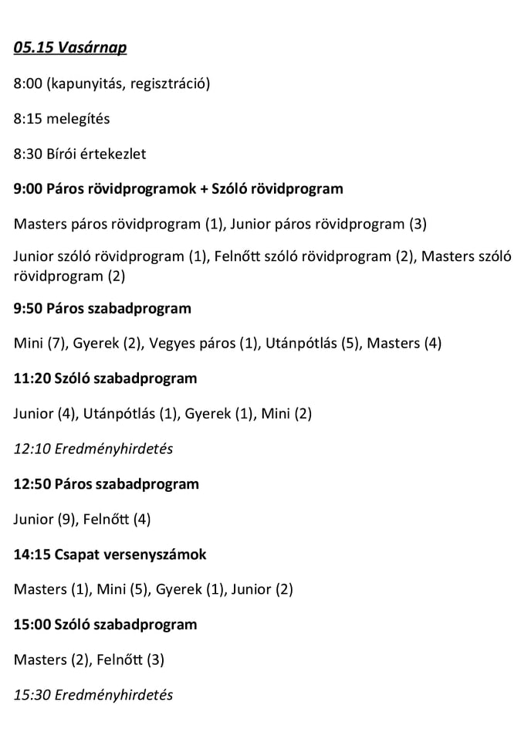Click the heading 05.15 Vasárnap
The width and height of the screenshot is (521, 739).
click(x=70, y=48)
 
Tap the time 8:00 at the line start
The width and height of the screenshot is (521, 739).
click(x=28, y=83)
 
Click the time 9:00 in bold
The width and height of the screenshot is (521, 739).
click(x=28, y=189)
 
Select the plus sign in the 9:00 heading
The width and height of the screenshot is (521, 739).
click(x=204, y=189)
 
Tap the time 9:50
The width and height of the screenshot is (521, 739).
click(x=28, y=308)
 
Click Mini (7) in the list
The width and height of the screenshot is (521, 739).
click(x=36, y=344)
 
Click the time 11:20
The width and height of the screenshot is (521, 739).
click(x=32, y=378)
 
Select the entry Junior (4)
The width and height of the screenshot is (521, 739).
click(x=45, y=414)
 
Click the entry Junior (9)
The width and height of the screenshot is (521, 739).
click(x=45, y=519)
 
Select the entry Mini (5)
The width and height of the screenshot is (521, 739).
click(x=122, y=590)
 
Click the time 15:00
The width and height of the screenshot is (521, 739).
click(x=32, y=625)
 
